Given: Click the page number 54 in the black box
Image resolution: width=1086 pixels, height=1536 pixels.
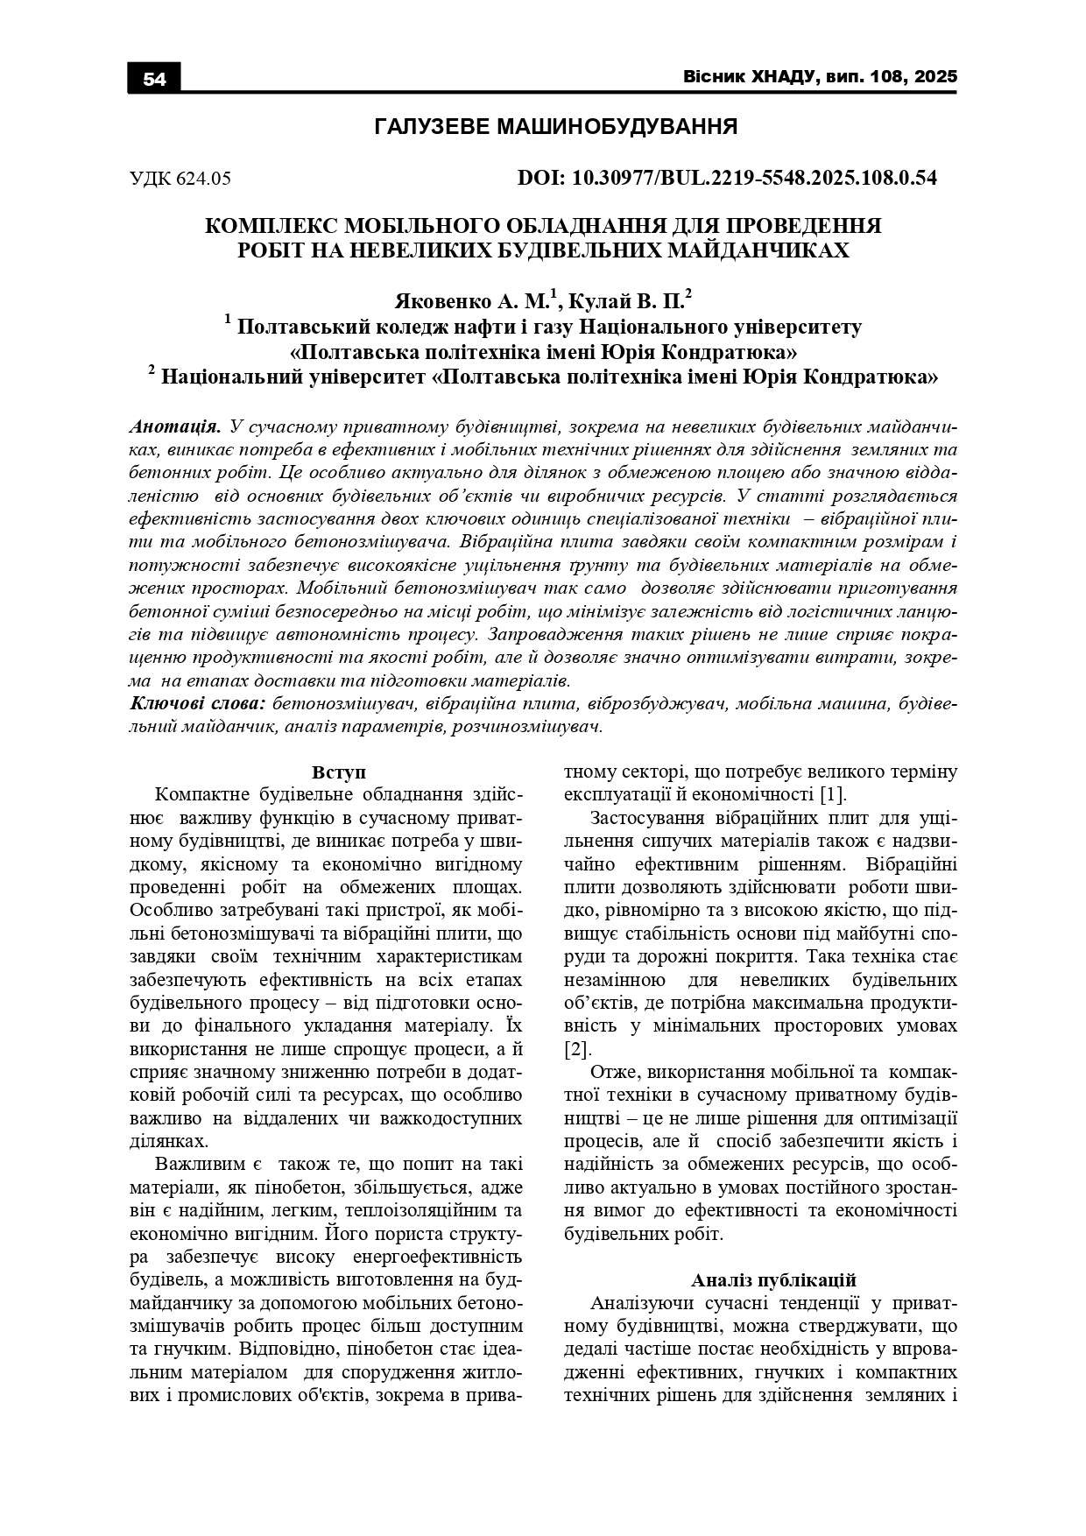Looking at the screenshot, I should [x=154, y=79].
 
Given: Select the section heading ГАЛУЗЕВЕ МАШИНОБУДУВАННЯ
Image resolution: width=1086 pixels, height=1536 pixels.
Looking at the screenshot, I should [x=555, y=127].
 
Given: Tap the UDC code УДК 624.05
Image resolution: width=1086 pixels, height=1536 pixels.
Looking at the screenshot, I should [x=180, y=179].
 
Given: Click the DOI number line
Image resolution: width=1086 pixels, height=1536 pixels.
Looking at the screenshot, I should [x=727, y=178].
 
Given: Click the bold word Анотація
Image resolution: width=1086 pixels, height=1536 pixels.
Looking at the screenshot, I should [x=174, y=427].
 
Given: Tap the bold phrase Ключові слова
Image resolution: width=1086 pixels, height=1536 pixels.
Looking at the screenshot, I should [x=198, y=703].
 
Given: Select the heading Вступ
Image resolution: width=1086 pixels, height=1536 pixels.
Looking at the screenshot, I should [x=338, y=772].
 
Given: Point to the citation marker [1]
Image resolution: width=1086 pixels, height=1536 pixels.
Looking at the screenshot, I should [x=831, y=795].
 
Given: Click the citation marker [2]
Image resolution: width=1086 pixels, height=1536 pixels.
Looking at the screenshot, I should [x=577, y=1048].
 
